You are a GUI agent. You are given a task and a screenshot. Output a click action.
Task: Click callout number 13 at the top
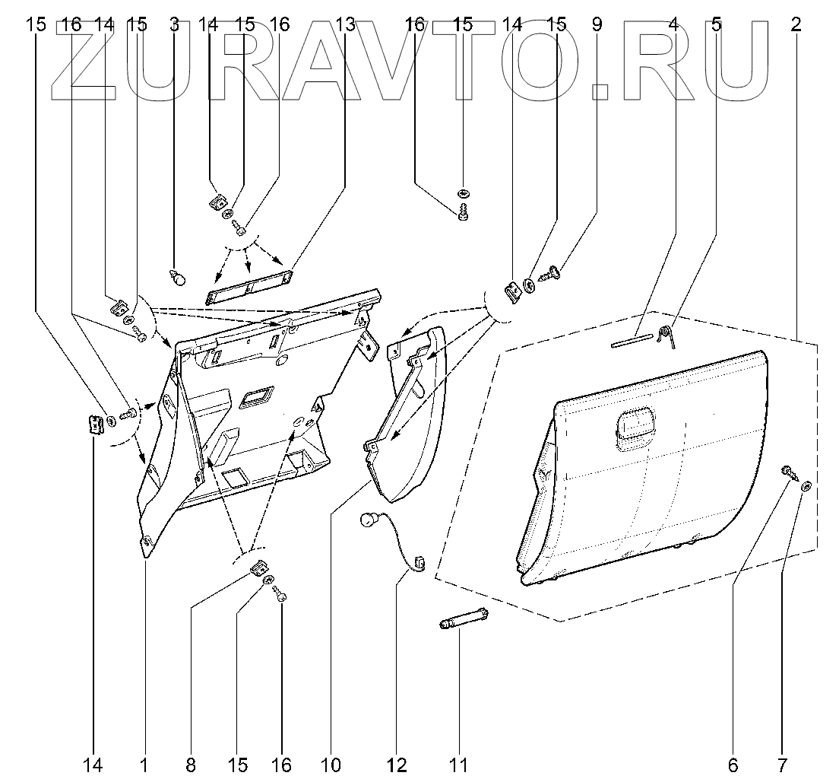(345, 24)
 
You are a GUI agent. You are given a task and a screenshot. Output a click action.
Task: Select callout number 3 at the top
(174, 24)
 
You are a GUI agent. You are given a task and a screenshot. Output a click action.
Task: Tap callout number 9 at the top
(597, 24)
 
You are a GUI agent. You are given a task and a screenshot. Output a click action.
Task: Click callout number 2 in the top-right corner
(796, 24)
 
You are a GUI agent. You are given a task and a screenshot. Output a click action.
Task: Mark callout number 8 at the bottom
(190, 764)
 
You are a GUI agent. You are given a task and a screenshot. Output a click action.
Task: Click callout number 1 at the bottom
(144, 764)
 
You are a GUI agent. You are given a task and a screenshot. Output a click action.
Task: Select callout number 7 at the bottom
(783, 764)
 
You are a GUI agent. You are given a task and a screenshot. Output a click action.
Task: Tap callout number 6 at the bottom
(734, 764)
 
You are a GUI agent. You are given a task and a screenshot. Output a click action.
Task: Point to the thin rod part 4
(632, 340)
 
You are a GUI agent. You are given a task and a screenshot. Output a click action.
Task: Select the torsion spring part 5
(666, 334)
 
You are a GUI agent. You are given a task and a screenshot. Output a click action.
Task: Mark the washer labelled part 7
(806, 485)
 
